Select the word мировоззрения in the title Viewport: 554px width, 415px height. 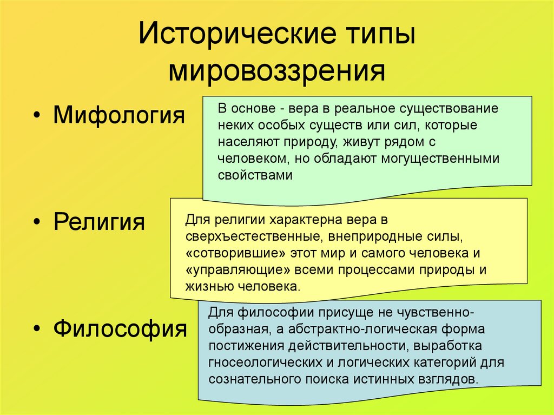point(277,70)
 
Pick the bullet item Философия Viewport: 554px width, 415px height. point(120,327)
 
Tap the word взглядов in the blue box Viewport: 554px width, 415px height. point(451,379)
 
